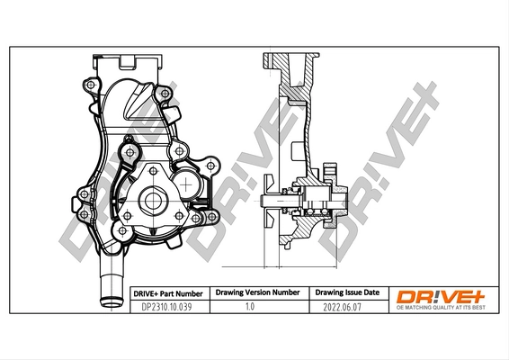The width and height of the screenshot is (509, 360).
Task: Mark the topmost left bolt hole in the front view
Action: tap(90, 85)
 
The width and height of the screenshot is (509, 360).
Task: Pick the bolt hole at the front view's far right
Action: tap(210, 168)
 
